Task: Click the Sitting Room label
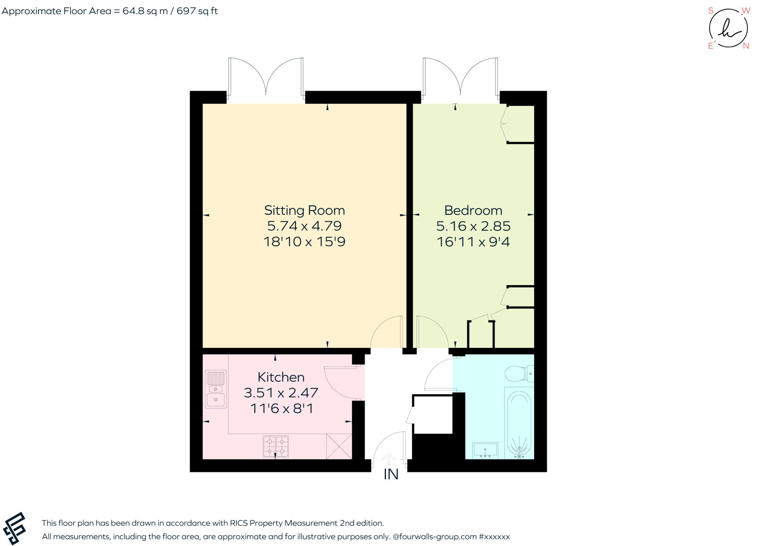click(304, 210)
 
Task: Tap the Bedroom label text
click(473, 210)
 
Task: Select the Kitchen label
click(281, 377)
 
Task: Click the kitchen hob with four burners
click(275, 446)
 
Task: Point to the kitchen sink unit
click(215, 389)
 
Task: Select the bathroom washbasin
click(485, 450)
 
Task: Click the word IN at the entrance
click(391, 475)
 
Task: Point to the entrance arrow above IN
click(388, 458)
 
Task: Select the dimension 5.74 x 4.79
click(304, 226)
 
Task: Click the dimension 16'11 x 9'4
click(473, 242)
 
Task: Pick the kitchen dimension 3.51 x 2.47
click(281, 393)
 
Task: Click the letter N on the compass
click(746, 46)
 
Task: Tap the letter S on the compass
click(710, 11)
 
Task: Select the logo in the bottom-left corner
click(14, 528)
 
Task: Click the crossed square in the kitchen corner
click(339, 446)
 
